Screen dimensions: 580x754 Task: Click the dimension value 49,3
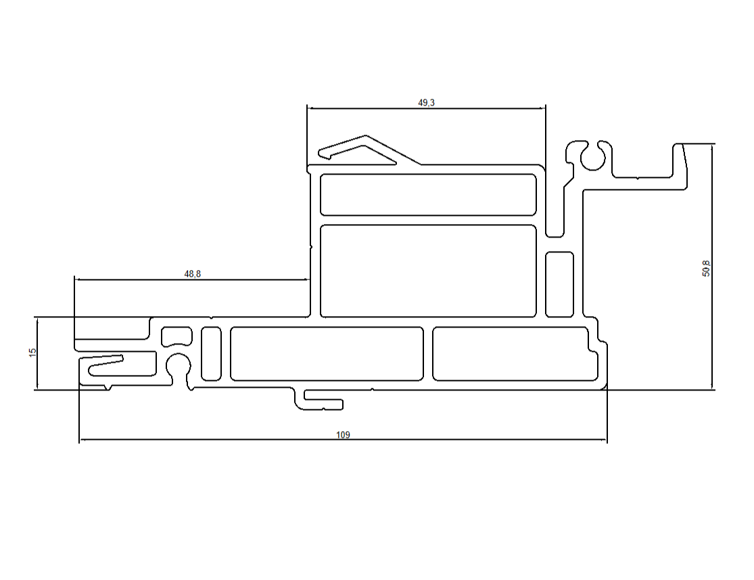pos(427,103)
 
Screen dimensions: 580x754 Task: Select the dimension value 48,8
pos(192,274)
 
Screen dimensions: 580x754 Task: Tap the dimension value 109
pos(343,435)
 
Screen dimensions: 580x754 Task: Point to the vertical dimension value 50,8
pos(707,268)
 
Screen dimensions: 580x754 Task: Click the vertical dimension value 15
pos(32,353)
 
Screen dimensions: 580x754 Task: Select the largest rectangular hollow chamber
pos(427,271)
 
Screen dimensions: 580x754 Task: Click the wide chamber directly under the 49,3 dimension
pos(427,195)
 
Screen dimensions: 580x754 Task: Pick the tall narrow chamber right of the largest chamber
pos(559,284)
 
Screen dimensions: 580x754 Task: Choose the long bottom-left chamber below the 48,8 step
pos(327,353)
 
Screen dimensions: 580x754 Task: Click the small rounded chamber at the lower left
pos(176,335)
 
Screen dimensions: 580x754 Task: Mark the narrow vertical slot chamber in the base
pos(211,353)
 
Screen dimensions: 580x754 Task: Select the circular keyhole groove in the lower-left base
pos(179,365)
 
